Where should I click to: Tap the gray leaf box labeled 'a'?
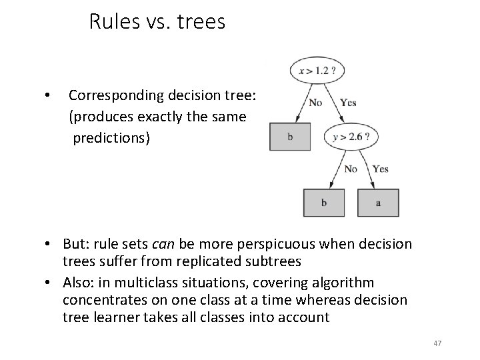[378, 203]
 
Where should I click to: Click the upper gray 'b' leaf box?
[290, 137]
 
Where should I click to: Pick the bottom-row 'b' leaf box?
[324, 203]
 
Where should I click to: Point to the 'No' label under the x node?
[315, 103]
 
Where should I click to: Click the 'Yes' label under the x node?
[348, 103]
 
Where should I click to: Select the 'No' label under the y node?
[351, 169]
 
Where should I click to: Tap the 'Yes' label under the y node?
[381, 169]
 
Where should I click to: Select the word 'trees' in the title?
[201, 23]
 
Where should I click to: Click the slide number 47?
[437, 343]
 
